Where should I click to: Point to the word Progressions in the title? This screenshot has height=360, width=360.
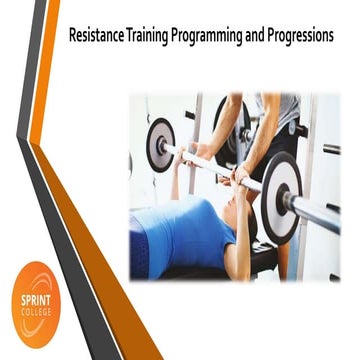297,34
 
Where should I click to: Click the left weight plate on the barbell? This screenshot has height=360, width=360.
161,144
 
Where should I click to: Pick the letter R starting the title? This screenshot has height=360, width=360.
72,34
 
